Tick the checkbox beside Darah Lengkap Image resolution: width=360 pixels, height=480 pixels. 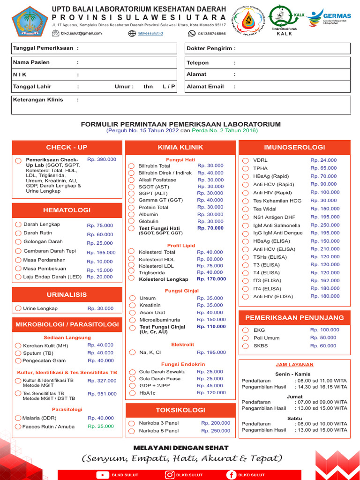(x=18, y=225)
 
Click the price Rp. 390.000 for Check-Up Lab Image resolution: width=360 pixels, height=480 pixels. (x=102, y=159)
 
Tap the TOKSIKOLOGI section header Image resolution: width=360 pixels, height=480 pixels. (x=180, y=410)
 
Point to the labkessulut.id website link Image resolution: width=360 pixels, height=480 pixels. (x=150, y=34)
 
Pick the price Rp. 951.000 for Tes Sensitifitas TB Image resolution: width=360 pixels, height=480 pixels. (x=102, y=394)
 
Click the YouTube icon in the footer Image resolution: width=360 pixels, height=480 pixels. (x=102, y=475)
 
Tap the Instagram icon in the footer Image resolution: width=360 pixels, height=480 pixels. (x=170, y=475)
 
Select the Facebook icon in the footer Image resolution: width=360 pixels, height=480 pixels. (x=231, y=475)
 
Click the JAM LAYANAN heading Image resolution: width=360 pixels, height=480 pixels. (x=295, y=365)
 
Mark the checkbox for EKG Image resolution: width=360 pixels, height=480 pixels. (x=245, y=330)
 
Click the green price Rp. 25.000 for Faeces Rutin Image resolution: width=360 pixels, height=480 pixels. (x=100, y=427)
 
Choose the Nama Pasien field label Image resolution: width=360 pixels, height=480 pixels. (x=31, y=62)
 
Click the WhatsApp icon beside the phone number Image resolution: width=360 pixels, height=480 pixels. (x=192, y=34)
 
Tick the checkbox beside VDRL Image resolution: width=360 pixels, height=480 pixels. (x=245, y=160)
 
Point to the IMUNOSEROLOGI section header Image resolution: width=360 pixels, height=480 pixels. (x=294, y=147)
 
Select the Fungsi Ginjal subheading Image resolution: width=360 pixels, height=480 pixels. (x=182, y=291)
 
